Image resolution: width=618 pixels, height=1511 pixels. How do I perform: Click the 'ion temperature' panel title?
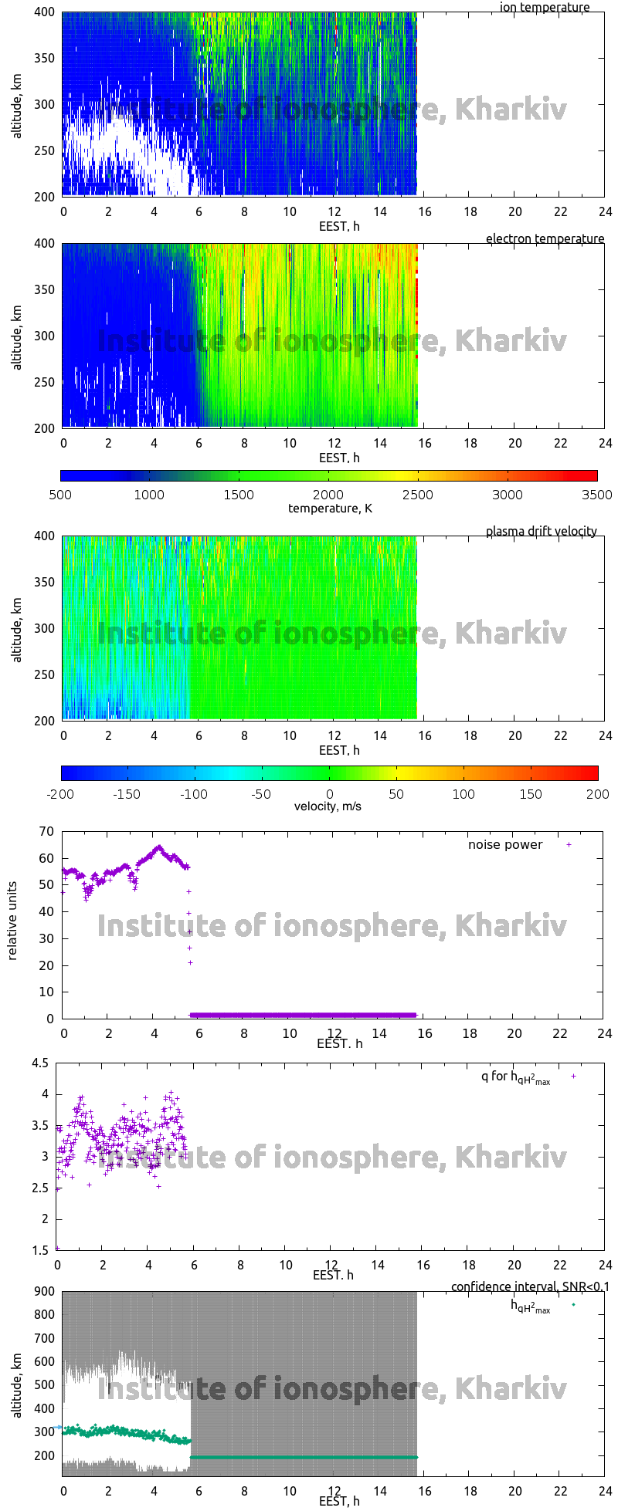(544, 8)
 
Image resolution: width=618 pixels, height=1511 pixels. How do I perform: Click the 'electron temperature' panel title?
(545, 238)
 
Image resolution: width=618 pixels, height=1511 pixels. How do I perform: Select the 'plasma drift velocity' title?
(541, 531)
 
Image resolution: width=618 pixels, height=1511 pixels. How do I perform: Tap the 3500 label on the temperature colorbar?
(596, 495)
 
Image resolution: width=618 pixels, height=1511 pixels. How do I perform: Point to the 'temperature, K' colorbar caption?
(330, 508)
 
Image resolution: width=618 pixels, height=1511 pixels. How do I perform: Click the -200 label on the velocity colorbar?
(62, 793)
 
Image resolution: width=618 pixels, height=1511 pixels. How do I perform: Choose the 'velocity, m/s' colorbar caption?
(328, 806)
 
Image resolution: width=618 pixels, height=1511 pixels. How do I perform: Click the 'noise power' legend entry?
(505, 844)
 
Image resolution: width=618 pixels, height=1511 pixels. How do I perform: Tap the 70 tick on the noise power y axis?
(47, 831)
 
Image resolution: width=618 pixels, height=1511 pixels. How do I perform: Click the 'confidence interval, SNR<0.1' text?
(530, 1286)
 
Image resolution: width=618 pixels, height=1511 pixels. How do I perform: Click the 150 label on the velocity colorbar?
(530, 793)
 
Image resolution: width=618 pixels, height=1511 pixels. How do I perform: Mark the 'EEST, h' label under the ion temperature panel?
(339, 226)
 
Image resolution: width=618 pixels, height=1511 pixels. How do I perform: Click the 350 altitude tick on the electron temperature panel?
(45, 289)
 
